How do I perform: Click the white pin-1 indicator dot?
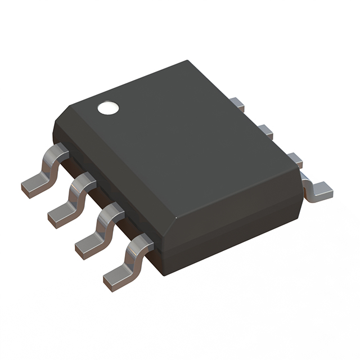coord(107,108)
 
